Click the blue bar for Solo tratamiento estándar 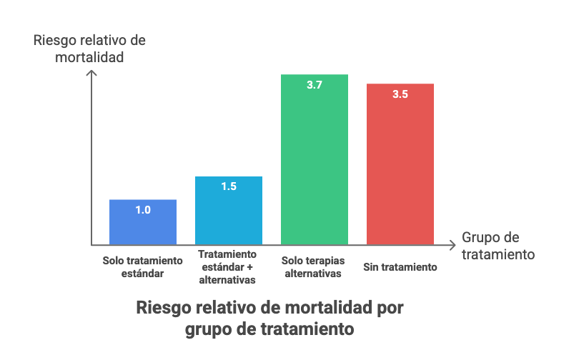coord(143,222)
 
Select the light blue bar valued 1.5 coord(229,210)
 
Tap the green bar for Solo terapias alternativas coord(315,159)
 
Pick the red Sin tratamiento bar coord(400,164)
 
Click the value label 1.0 coord(143,210)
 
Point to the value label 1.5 coord(229,186)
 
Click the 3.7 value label coord(315,85)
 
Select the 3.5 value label coord(400,94)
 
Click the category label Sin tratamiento coord(400,267)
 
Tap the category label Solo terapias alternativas coord(313,267)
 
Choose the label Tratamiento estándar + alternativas coord(227,267)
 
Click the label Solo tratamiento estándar coord(143,267)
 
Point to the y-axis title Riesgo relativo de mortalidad coord(89,49)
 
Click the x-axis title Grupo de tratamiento coord(498,246)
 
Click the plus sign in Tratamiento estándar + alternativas coord(249,267)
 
